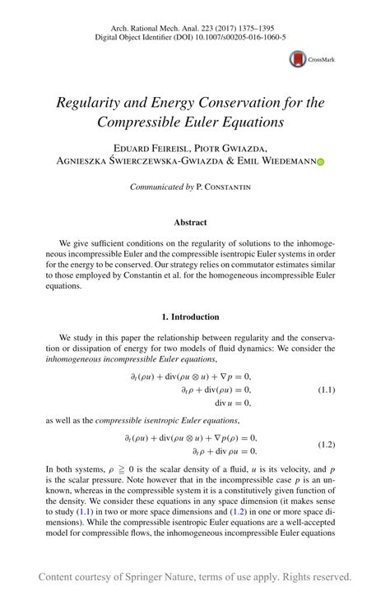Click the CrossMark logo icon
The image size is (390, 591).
click(297, 59)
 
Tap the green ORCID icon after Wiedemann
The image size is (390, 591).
click(321, 162)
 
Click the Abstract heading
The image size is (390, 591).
click(190, 222)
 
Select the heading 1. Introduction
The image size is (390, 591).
click(190, 316)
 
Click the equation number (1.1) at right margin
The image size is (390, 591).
click(327, 390)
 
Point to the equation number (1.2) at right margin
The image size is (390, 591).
click(327, 444)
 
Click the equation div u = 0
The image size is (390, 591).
click(233, 403)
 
